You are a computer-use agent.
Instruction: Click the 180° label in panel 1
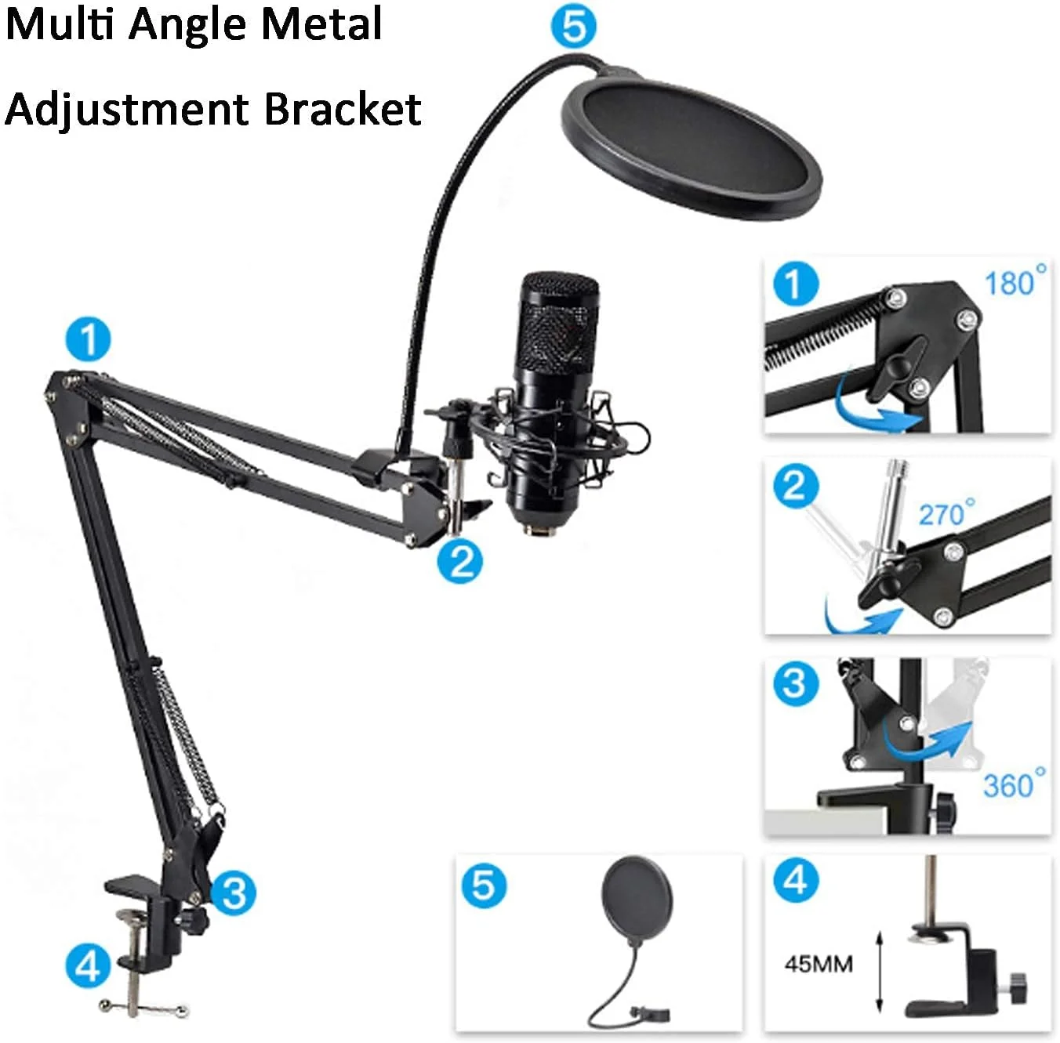(1015, 281)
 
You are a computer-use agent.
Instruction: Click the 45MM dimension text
(819, 964)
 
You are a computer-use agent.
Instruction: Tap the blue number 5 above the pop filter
(574, 27)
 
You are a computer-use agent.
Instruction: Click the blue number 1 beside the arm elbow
(88, 339)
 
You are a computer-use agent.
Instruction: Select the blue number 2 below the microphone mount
(460, 562)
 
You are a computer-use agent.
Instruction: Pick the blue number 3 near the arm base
(234, 893)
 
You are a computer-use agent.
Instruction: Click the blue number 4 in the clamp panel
(796, 880)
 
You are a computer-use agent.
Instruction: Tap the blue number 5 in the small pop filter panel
(484, 885)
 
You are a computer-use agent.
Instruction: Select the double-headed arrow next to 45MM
(880, 972)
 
